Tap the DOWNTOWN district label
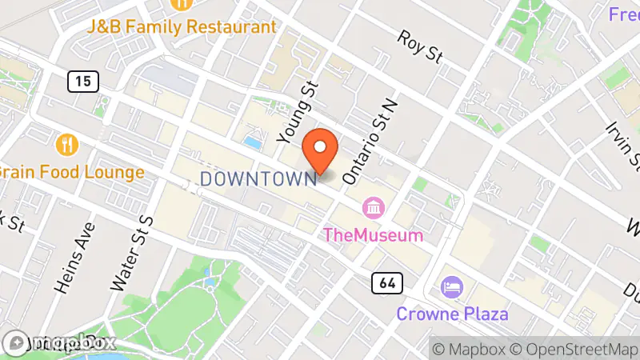coord(258,178)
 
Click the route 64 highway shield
coord(387,282)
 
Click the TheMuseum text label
coord(372,235)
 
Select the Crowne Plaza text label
coord(452,312)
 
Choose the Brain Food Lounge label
coord(70,172)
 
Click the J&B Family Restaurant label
coord(182,26)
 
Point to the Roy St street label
coord(421,46)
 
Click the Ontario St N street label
coord(370,140)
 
